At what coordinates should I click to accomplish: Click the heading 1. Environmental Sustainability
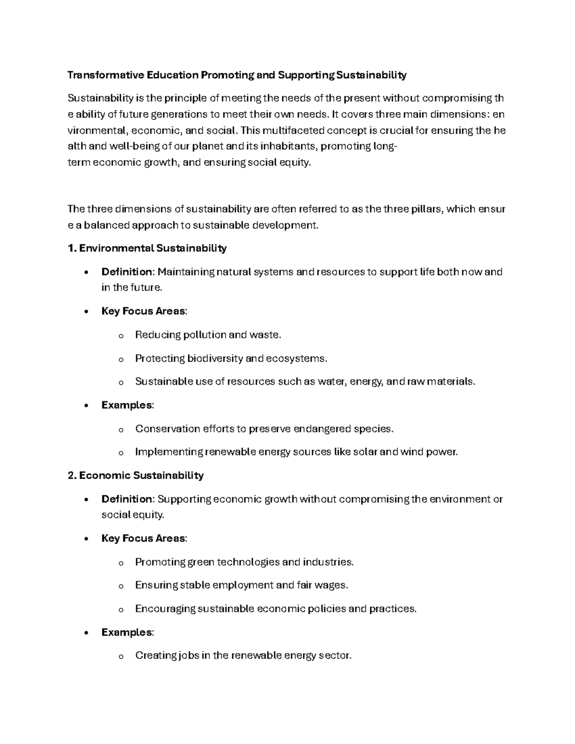147,248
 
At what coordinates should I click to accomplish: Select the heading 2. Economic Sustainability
136,475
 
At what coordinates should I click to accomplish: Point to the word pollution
205,335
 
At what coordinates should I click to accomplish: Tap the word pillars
427,209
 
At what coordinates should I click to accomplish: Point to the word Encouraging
165,609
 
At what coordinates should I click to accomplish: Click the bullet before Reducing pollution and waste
120,336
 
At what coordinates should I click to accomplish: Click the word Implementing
169,452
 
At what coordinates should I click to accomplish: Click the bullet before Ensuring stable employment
120,586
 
